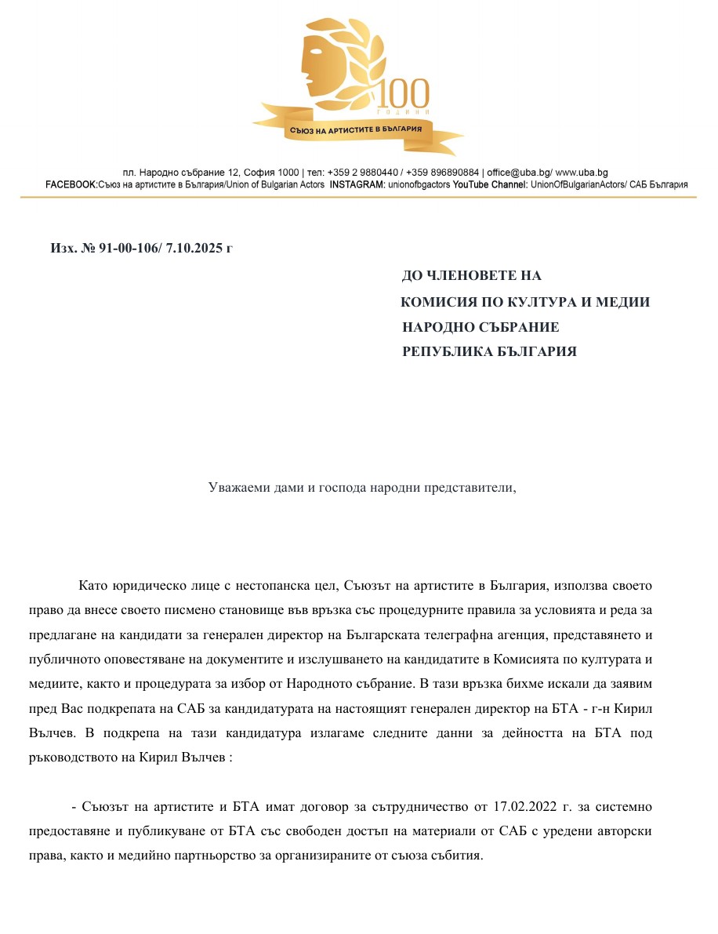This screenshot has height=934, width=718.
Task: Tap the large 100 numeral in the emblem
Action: (404, 95)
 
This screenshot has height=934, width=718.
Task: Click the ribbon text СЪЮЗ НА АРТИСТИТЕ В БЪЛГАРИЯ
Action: (356, 129)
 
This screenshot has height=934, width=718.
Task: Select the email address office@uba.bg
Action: (519, 173)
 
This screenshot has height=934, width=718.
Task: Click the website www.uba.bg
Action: (582, 173)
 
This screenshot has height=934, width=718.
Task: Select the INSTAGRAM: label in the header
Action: (357, 185)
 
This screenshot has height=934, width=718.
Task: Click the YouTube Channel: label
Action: (491, 185)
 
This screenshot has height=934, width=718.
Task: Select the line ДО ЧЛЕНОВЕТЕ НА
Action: (471, 276)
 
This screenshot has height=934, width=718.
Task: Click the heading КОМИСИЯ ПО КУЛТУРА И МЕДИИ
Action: (525, 302)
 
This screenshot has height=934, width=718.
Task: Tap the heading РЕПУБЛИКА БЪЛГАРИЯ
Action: (489, 352)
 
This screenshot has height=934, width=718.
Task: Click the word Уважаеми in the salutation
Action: (237, 487)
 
